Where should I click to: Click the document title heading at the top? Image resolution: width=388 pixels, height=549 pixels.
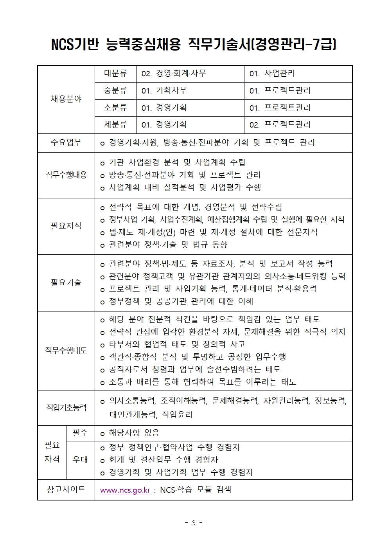[194, 44]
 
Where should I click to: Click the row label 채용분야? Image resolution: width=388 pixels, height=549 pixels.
[66, 99]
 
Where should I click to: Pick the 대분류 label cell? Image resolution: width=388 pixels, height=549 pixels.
[115, 74]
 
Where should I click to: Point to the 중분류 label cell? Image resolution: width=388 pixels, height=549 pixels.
[115, 90]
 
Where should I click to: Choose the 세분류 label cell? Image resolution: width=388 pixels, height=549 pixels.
[115, 124]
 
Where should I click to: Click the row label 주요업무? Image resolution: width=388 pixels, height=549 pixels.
[66, 142]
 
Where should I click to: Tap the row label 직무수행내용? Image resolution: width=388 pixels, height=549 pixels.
[66, 175]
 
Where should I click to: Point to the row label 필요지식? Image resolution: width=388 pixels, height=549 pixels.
[66, 226]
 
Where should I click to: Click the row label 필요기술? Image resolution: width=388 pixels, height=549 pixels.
[66, 283]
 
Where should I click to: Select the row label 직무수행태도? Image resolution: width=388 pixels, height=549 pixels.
[66, 350]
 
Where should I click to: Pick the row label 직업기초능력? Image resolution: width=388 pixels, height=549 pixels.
[66, 408]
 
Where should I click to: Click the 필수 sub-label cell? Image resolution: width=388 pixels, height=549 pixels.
[80, 433]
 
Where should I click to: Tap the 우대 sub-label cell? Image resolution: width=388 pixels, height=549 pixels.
[80, 460]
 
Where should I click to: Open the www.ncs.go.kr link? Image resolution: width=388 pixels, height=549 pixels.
[125, 490]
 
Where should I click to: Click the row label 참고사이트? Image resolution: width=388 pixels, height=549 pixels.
[66, 490]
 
